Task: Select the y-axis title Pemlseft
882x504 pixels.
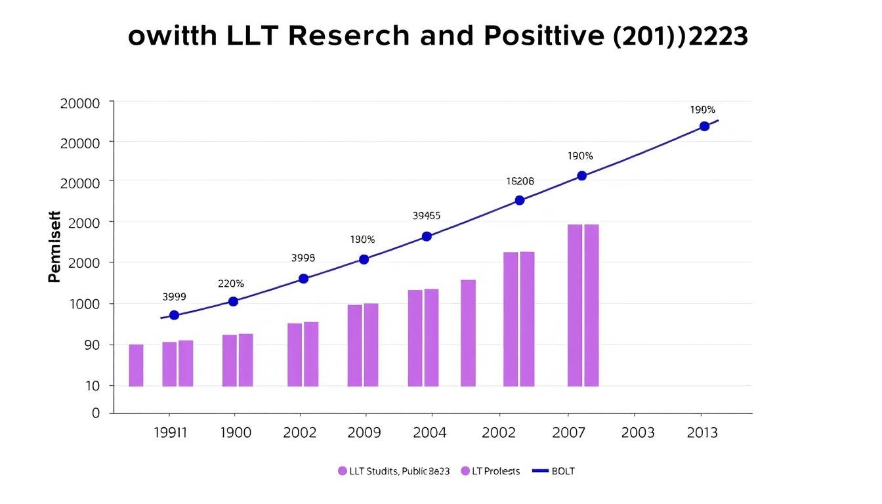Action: tap(54, 247)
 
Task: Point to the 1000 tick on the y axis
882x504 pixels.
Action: tap(79, 304)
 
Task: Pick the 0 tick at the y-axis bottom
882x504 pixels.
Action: tap(96, 413)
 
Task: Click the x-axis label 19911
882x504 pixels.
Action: tap(169, 433)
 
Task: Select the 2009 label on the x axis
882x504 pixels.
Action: tap(364, 433)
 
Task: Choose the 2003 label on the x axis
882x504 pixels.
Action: tap(637, 433)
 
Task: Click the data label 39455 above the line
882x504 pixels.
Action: tap(427, 215)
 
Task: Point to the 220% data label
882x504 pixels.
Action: tap(231, 284)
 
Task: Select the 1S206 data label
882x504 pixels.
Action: tap(520, 181)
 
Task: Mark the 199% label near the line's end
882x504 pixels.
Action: tap(702, 110)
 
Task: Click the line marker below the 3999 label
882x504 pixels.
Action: tap(174, 315)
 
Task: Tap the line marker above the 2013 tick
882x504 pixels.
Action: tap(704, 126)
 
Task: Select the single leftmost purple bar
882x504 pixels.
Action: tap(136, 365)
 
